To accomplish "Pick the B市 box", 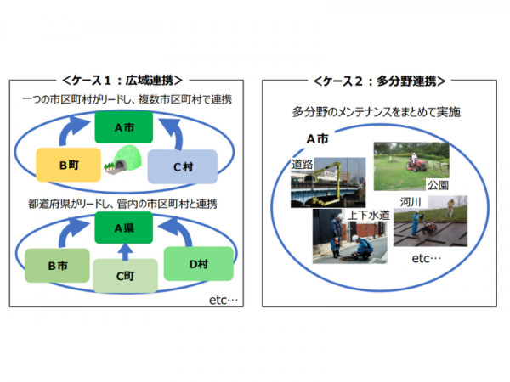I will [57, 266].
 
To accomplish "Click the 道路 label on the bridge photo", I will [302, 163].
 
